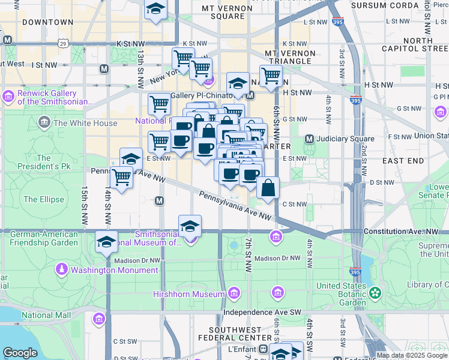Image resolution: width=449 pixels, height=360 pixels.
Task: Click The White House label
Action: (85, 124)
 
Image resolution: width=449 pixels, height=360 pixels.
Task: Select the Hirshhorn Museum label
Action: (191, 294)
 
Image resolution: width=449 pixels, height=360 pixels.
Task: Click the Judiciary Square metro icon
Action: (309, 139)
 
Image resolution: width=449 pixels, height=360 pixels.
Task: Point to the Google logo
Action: (20, 353)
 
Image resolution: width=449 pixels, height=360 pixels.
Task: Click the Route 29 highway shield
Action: (62, 43)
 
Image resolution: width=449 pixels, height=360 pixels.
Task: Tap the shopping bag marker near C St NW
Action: (268, 188)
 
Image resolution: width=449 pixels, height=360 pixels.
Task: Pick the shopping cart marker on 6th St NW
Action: (271, 76)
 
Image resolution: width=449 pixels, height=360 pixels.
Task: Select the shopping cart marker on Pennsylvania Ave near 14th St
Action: (122, 178)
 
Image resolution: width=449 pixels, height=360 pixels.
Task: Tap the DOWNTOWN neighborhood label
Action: (47, 22)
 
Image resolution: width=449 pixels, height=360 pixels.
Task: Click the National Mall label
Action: (46, 314)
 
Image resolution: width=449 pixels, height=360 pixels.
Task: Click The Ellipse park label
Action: (39, 199)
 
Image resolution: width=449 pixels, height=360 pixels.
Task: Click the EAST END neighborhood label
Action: (403, 161)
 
